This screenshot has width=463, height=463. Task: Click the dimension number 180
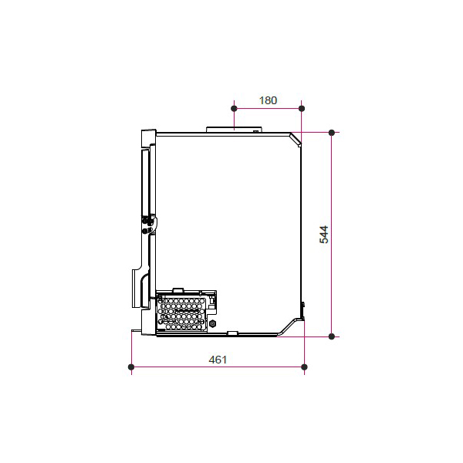268,100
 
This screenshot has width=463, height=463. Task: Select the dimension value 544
324,235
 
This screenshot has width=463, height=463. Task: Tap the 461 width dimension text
218,360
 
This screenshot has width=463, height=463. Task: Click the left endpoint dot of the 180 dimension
234,109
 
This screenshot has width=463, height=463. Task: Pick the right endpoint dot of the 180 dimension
302,109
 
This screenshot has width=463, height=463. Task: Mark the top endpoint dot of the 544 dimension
332,133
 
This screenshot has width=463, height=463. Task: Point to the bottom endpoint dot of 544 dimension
332,336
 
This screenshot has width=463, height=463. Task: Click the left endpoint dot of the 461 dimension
131,367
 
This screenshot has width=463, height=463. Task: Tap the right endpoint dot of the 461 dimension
305,367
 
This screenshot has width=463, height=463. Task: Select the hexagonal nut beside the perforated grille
212,324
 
